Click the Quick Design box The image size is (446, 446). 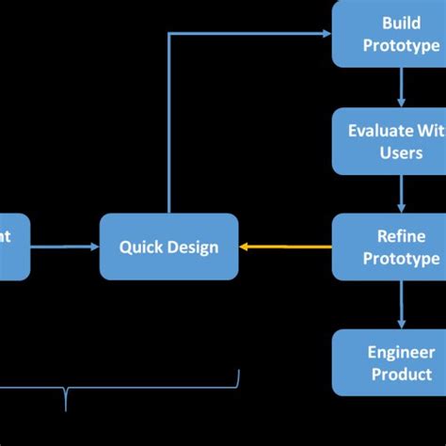(168, 247)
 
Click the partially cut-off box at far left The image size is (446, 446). (14, 247)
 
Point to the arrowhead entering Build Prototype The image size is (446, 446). (326, 34)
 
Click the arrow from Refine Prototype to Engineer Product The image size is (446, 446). (402, 304)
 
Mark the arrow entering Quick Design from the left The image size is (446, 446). (66, 247)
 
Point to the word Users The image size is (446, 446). (402, 152)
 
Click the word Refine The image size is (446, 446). (402, 236)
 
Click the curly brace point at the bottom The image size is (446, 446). (66, 408)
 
